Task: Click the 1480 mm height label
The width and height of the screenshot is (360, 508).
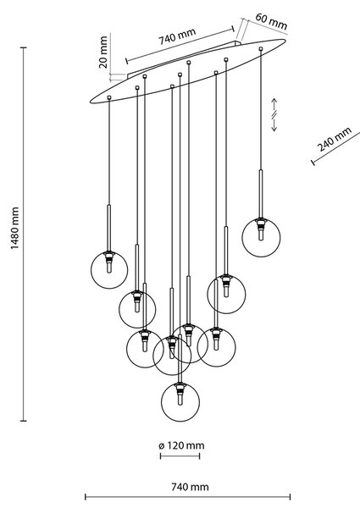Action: click(14, 228)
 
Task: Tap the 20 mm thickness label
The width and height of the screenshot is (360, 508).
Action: click(103, 52)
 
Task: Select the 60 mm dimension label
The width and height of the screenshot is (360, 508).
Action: click(271, 21)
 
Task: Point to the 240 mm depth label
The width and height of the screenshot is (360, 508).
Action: click(335, 139)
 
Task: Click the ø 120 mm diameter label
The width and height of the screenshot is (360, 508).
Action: click(181, 445)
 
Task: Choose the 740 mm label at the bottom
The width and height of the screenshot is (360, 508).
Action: click(190, 487)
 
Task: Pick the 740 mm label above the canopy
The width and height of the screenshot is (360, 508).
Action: click(177, 36)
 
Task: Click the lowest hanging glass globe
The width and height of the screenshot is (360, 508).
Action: click(180, 402)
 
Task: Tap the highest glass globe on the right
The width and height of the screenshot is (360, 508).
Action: click(261, 237)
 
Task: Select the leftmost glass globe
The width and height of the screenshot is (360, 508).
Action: click(109, 269)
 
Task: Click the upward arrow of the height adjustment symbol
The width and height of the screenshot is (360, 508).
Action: click(274, 104)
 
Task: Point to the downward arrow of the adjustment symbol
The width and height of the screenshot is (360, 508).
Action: click(274, 124)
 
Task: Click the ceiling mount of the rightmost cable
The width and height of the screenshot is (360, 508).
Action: click(261, 48)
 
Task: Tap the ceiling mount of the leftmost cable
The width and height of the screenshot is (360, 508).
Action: click(109, 97)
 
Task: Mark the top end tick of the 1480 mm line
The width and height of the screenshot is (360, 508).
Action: click(24, 47)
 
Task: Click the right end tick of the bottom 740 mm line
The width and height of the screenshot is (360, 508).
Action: click(290, 497)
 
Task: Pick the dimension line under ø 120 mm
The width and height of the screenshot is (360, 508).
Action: click(180, 456)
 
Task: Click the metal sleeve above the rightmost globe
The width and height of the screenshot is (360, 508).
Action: click(261, 193)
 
